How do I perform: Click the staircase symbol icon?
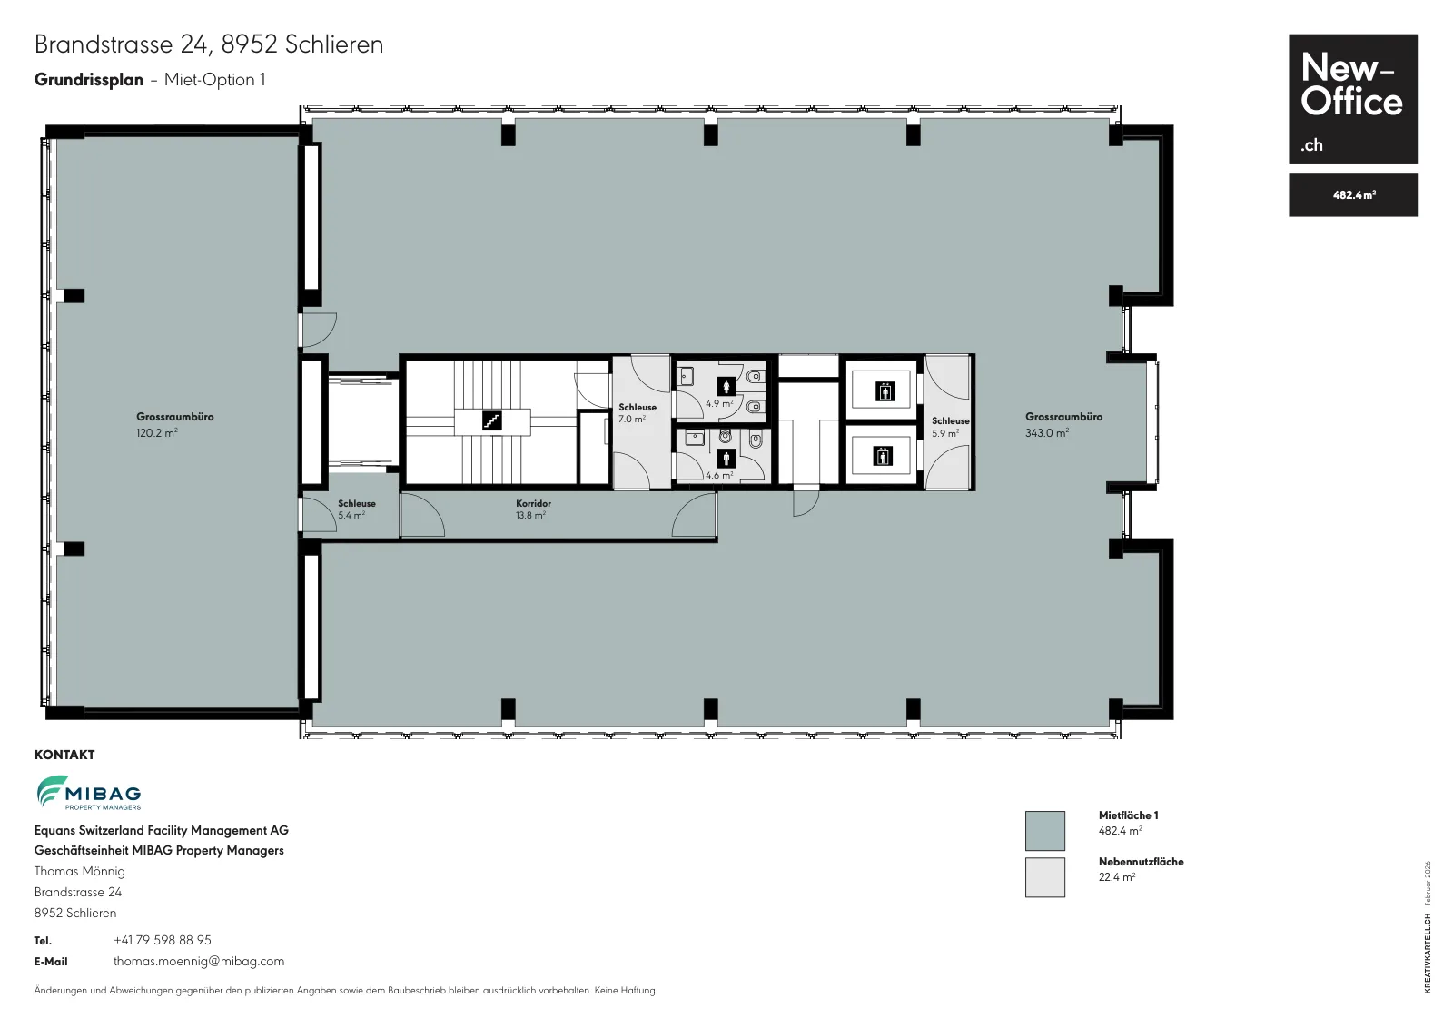coord(491,421)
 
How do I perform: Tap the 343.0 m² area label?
coord(1046,432)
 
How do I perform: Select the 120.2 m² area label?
coord(156,432)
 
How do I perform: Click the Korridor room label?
coord(533,503)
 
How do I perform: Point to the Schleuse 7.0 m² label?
coord(637,413)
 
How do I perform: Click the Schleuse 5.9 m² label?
coord(950,427)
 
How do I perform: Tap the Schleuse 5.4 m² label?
coord(356,509)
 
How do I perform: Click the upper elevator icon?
coord(885,391)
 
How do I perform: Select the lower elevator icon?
coord(882,456)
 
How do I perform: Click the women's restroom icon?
coord(726,387)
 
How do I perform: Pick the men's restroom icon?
coord(726,459)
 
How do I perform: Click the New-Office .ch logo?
coord(1353,99)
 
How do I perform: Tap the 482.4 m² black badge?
coord(1353,194)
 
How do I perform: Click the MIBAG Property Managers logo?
coord(89,793)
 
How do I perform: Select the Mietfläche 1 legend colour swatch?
coord(1044,830)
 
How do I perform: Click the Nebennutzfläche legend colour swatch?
coord(1044,877)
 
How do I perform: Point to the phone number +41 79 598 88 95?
coord(163,940)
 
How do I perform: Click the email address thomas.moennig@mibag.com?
coord(199,961)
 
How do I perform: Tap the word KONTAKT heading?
coord(64,755)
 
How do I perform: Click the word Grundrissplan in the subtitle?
coord(89,80)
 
